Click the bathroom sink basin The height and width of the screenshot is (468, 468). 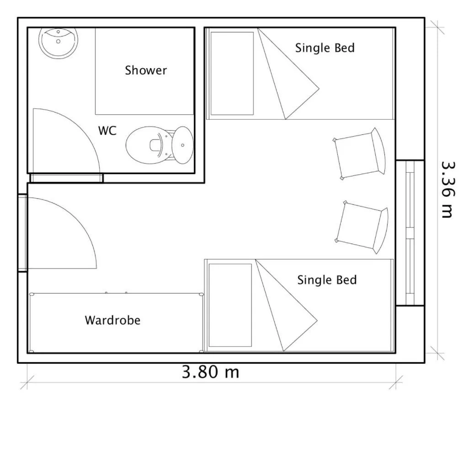(x=58, y=43)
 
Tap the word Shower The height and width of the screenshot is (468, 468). (x=146, y=70)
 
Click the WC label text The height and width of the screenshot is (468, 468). (x=107, y=131)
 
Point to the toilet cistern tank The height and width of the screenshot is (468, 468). (x=183, y=145)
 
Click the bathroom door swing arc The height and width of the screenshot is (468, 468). (x=87, y=133)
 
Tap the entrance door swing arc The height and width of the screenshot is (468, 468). (x=82, y=224)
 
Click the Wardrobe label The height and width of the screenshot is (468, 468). (x=112, y=320)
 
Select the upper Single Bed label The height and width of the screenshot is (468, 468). (x=324, y=48)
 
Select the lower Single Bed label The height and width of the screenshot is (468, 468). (x=327, y=280)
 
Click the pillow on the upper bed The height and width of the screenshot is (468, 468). (x=232, y=73)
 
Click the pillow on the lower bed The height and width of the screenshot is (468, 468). (x=230, y=305)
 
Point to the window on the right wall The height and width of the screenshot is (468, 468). (x=410, y=233)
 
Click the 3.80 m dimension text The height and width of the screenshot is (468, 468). (x=210, y=372)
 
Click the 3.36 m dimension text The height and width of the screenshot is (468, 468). (x=448, y=189)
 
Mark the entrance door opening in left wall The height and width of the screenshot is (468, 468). (x=22, y=233)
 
